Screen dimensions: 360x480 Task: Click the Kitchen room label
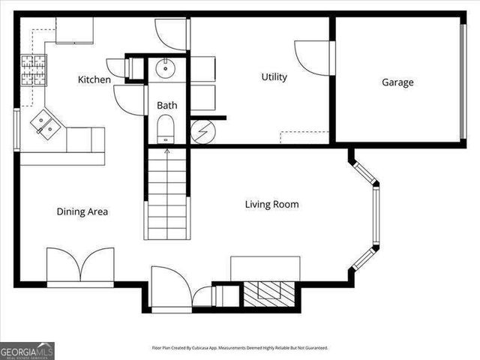(94, 79)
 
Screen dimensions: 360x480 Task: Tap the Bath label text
(166, 106)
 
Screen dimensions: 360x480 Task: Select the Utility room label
(274, 76)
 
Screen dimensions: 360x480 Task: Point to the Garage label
(397, 82)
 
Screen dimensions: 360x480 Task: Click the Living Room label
(272, 204)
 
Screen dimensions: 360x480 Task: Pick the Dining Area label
(82, 211)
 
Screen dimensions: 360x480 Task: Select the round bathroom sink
(165, 70)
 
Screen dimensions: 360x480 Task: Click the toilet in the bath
(165, 130)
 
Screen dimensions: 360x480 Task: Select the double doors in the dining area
(80, 265)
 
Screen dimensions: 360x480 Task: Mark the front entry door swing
(170, 287)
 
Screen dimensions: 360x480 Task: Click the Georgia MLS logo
(27, 350)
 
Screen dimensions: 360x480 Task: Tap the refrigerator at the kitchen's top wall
(74, 30)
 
